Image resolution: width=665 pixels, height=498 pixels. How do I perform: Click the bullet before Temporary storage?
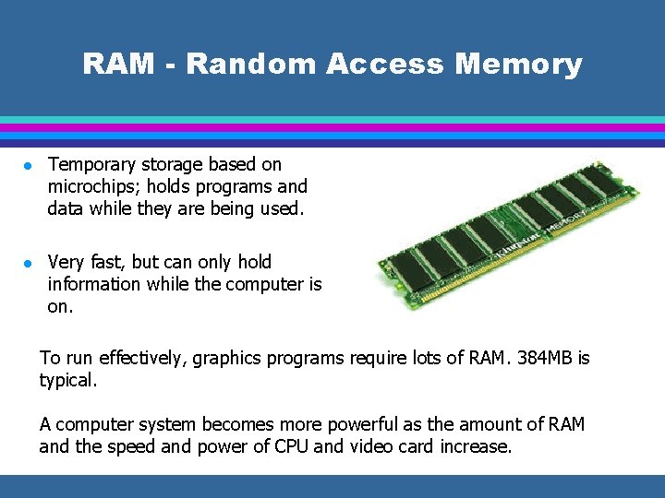click(28, 166)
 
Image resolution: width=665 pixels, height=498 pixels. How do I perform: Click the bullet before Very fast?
click(28, 264)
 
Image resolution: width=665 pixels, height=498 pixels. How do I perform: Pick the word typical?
click(66, 380)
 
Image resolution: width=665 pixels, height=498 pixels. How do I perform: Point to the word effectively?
click(137, 358)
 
